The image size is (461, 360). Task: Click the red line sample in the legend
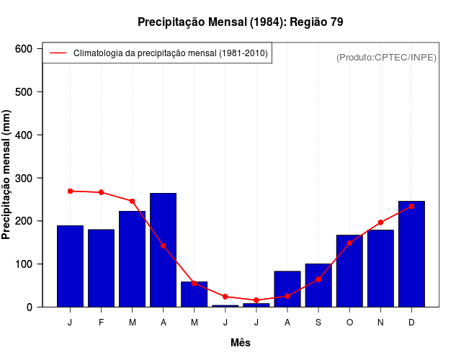(58, 53)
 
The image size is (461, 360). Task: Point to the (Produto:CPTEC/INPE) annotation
(386, 57)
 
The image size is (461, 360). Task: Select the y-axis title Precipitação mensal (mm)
(7, 174)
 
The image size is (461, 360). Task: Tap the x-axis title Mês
(241, 343)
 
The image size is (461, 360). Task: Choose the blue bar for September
(318, 285)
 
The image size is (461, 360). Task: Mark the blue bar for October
(349, 271)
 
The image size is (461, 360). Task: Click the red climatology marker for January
(70, 191)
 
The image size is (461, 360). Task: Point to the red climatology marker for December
(411, 206)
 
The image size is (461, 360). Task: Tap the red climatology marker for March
(132, 201)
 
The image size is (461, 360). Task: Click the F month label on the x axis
(101, 323)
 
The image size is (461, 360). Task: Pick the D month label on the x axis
(411, 323)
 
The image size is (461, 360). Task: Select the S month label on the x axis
(318, 323)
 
